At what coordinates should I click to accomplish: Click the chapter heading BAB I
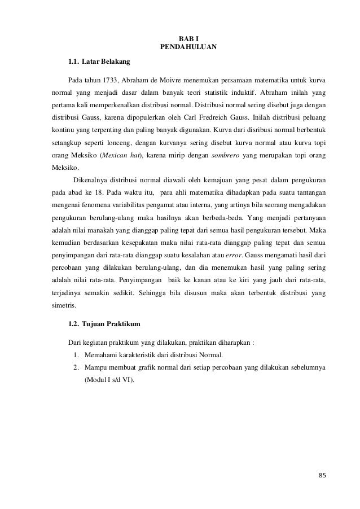pyautogui.click(x=181, y=38)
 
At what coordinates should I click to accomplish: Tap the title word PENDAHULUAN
pyautogui.click(x=181, y=46)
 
